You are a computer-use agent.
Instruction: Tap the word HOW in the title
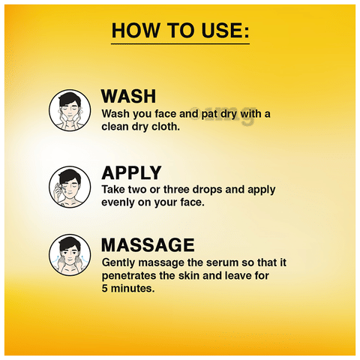click(135, 31)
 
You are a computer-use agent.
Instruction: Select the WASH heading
click(128, 96)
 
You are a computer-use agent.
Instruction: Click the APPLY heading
click(131, 172)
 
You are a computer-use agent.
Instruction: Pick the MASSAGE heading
click(148, 244)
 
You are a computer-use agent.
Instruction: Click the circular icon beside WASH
click(70, 110)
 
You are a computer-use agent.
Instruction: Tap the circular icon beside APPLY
click(70, 187)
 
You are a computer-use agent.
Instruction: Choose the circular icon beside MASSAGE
click(70, 255)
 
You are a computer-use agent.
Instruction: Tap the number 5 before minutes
click(104, 289)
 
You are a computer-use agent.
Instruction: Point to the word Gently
click(118, 263)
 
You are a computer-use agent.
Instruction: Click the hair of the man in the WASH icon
click(70, 98)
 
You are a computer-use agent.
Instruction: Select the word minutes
click(133, 289)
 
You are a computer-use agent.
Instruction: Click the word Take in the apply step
click(113, 190)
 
